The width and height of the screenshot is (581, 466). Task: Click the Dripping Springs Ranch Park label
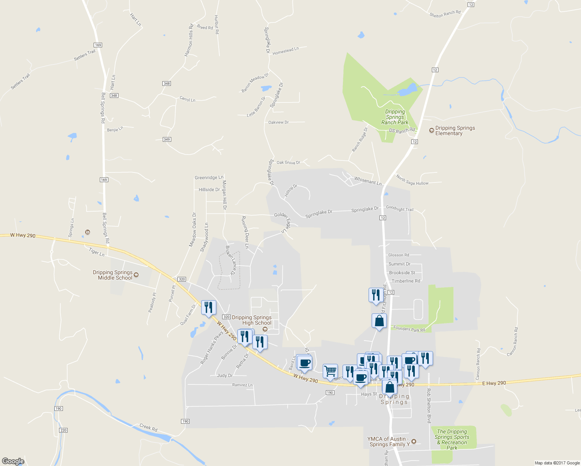click(395, 117)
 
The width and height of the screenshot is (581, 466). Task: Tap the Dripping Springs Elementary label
click(455, 130)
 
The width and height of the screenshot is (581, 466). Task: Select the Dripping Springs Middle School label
click(113, 275)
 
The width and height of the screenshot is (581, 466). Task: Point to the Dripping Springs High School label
click(252, 320)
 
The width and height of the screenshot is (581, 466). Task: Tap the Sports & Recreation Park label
click(452, 439)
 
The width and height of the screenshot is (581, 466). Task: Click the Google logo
click(13, 461)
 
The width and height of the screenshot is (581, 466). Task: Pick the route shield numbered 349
click(167, 139)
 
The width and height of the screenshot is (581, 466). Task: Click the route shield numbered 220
click(63, 430)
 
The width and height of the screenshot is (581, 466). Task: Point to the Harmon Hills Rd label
click(189, 40)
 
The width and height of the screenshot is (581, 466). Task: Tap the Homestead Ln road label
click(285, 51)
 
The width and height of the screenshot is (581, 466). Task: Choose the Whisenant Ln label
click(368, 181)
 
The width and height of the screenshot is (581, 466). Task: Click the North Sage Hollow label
click(412, 180)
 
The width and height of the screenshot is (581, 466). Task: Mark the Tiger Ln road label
click(97, 252)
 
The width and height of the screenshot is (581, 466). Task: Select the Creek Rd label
click(148, 428)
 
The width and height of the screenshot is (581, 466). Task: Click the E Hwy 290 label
click(494, 383)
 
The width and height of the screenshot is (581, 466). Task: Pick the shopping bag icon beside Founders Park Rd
click(379, 321)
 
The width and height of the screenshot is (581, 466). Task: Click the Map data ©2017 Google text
click(557, 463)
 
